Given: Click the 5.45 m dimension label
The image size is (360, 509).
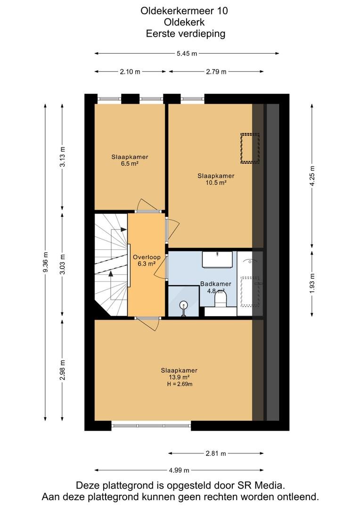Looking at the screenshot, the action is tap(187, 54).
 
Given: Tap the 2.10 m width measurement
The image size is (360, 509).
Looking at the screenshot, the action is tap(130, 72).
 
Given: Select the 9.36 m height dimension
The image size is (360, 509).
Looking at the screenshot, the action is tap(45, 263).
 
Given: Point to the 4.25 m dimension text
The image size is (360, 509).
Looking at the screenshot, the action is tap(312, 176).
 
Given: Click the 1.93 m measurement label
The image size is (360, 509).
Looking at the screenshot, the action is tap(312, 283).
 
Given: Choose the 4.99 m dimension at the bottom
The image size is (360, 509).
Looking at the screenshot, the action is tap(179, 470).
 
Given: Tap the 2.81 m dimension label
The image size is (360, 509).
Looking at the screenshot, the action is tap(215, 453).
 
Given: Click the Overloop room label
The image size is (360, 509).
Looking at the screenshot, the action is tap(147, 257).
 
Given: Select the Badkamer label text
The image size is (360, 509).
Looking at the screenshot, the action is tap(215, 284).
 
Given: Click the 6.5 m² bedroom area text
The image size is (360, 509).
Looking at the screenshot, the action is tap(130, 164).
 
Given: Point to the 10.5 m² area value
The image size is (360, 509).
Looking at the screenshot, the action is tap(216, 183).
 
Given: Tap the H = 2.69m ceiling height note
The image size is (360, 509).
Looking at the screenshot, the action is tap(180, 385).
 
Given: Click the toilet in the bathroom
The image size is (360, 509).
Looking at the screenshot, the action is tap(221, 299).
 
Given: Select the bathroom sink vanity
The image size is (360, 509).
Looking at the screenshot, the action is tap(218, 259).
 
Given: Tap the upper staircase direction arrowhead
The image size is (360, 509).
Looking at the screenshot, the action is tap(123, 230).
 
